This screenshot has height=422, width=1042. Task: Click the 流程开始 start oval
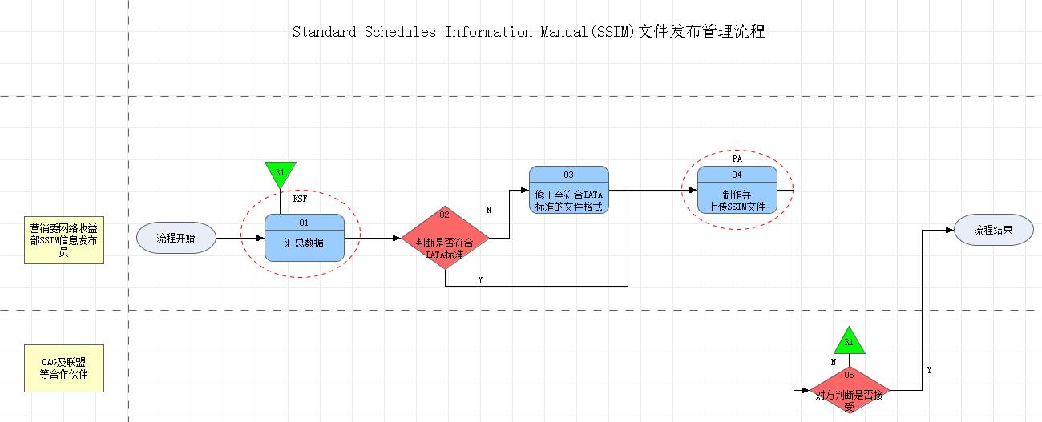(176, 238)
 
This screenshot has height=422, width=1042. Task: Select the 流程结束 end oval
(993, 230)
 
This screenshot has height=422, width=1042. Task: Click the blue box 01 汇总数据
(304, 238)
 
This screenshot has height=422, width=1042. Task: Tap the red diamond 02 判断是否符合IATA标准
(445, 239)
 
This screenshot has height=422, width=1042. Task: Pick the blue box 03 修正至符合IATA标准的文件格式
(568, 191)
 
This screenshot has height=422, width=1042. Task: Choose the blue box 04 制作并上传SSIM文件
(737, 191)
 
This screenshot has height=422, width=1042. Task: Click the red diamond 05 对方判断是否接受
(850, 390)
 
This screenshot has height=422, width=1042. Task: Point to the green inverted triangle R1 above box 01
(280, 173)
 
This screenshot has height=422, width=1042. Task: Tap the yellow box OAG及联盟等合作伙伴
(63, 368)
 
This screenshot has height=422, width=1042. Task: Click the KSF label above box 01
(301, 198)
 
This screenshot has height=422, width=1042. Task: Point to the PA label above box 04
(737, 159)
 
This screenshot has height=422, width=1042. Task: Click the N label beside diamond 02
(489, 210)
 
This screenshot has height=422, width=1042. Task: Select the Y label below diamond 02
(480, 280)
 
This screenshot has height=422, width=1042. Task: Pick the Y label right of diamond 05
(929, 371)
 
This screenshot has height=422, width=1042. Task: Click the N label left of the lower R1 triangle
(834, 362)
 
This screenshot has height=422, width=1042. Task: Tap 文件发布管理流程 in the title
(701, 33)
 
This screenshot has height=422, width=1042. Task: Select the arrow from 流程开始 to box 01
(240, 239)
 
